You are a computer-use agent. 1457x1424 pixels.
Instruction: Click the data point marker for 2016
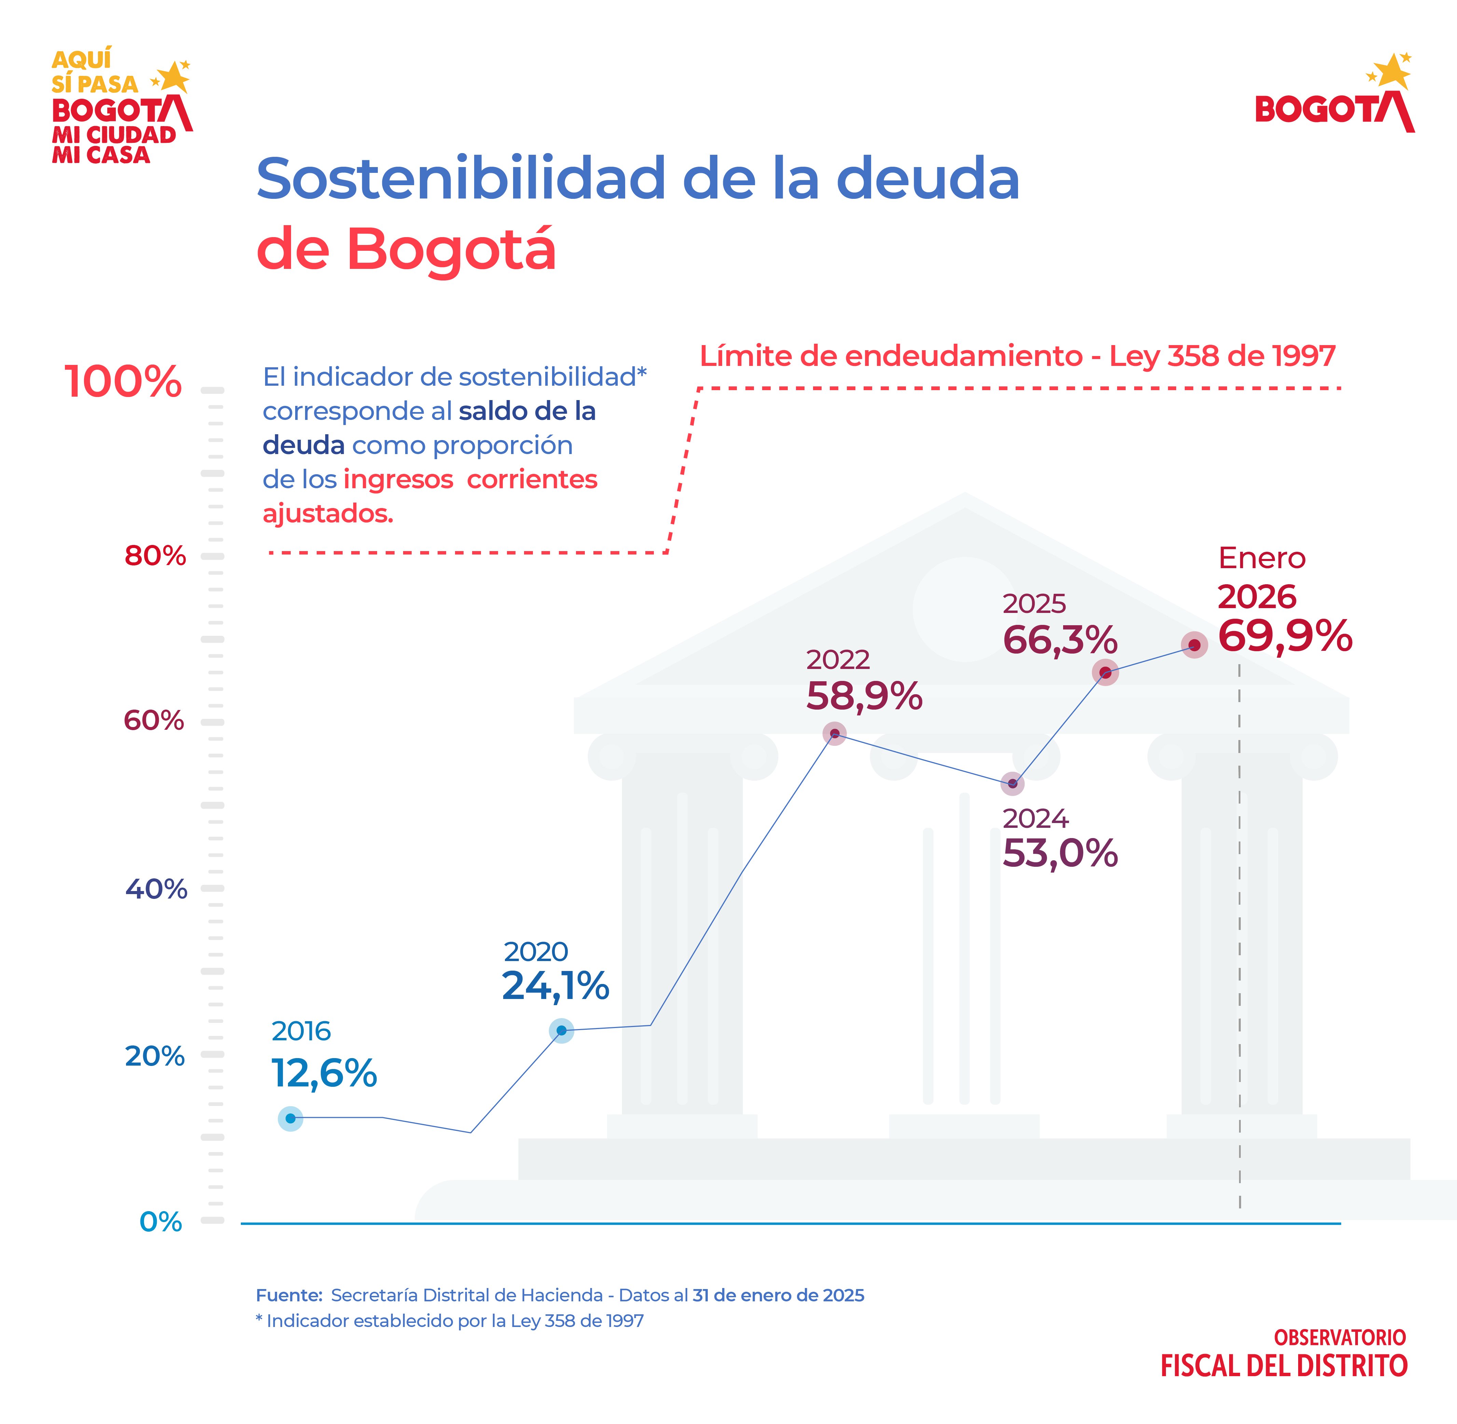point(290,1118)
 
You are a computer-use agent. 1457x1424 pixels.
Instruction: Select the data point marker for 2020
point(561,1031)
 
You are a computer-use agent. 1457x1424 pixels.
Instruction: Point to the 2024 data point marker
point(1012,784)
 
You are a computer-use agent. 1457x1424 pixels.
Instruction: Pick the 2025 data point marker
point(1105,672)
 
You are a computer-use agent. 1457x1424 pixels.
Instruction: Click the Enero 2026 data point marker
point(1194,645)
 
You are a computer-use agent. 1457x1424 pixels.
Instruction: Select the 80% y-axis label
point(155,556)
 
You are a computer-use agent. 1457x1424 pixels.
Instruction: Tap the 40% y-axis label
point(155,889)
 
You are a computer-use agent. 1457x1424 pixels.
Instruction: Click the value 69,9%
point(1284,636)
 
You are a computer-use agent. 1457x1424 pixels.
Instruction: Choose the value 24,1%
point(555,986)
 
